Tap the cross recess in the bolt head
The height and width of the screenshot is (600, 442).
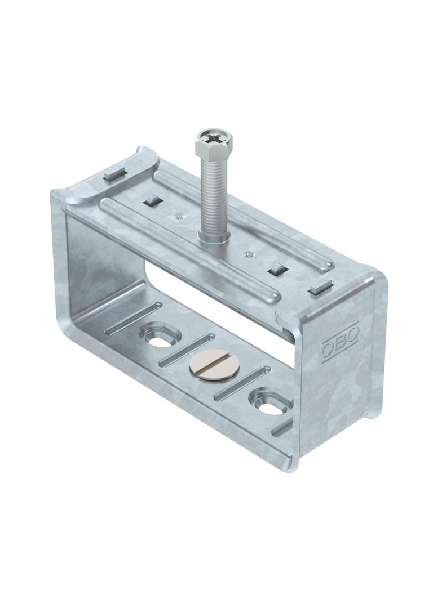[207, 136]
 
